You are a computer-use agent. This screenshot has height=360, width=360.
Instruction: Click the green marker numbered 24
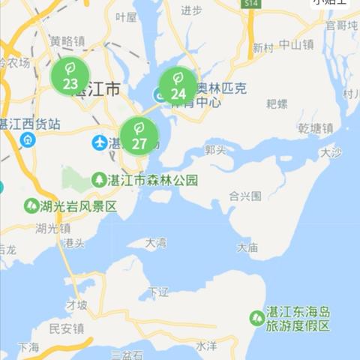[x=178, y=85]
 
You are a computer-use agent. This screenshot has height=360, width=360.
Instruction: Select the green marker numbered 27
[x=139, y=135]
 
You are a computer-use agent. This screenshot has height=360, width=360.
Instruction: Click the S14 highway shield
[x=250, y=4]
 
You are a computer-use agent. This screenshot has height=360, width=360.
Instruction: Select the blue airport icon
[x=99, y=142]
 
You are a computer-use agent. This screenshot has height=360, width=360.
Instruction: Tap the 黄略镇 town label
[x=67, y=41]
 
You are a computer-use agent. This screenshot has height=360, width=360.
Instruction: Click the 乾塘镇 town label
[x=315, y=128]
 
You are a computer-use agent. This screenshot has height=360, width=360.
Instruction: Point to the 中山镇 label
[x=295, y=45]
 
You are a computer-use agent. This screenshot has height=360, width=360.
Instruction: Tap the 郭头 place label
[x=214, y=150]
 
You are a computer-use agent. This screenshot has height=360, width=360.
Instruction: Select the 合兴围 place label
[x=245, y=196]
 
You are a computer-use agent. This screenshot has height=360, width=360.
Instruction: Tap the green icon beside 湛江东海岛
[x=256, y=318]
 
